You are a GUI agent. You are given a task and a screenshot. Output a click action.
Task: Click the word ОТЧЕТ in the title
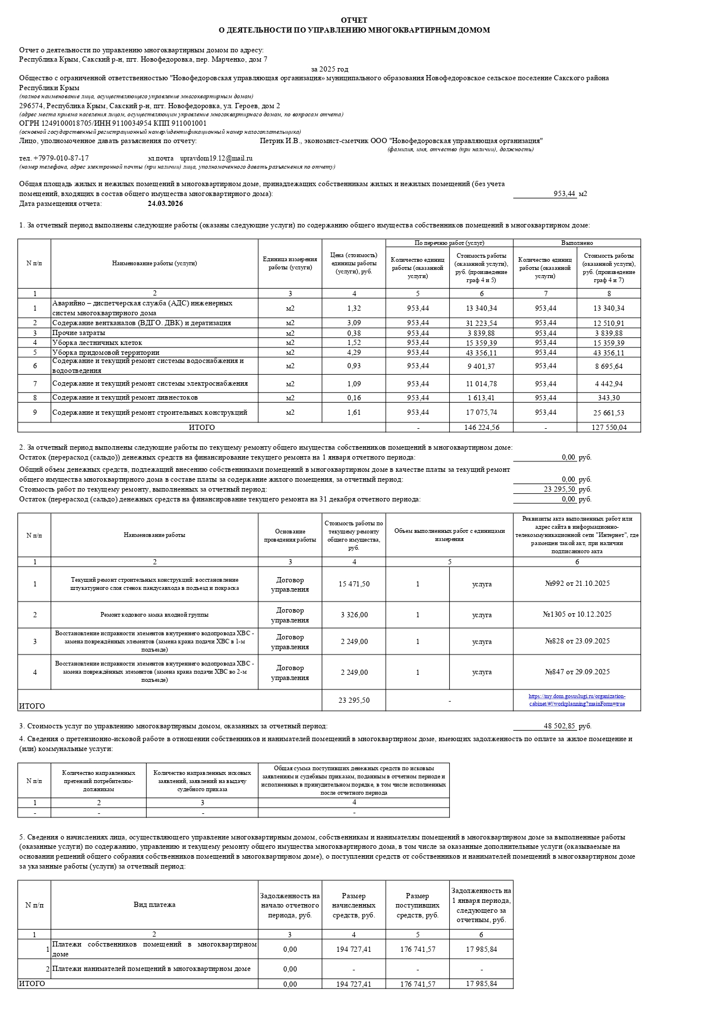[x=354, y=20]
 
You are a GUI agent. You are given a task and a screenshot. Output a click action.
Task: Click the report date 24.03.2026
[x=165, y=204]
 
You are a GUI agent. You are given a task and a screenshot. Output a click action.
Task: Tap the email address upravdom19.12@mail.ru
[x=216, y=158]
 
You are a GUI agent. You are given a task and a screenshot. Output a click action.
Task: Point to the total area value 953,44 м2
[x=564, y=194]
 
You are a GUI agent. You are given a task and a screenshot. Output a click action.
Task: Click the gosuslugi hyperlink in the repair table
[x=577, y=700]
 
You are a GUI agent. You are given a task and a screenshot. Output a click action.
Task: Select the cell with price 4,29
[x=354, y=353]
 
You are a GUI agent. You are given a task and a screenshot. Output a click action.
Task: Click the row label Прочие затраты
[x=79, y=333]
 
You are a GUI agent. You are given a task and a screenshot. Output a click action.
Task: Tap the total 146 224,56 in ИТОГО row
[x=481, y=428]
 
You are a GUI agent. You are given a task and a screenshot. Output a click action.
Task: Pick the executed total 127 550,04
[x=609, y=428]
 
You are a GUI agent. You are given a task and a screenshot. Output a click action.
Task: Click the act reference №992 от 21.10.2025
[x=577, y=584]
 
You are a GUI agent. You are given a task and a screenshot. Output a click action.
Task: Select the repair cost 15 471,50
[x=354, y=584]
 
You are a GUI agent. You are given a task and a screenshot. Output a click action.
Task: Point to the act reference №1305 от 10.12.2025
[x=577, y=614]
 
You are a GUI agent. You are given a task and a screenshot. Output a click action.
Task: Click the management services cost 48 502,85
[x=559, y=726]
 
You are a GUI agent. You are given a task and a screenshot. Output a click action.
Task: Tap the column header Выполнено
[x=577, y=243]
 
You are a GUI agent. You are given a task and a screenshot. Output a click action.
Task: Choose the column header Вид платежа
[x=154, y=905]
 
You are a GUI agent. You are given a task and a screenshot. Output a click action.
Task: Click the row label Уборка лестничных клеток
[x=97, y=343]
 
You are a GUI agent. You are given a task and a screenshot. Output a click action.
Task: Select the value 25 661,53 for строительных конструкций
[x=609, y=412]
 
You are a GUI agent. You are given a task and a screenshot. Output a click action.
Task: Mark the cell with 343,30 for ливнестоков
[x=609, y=398]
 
